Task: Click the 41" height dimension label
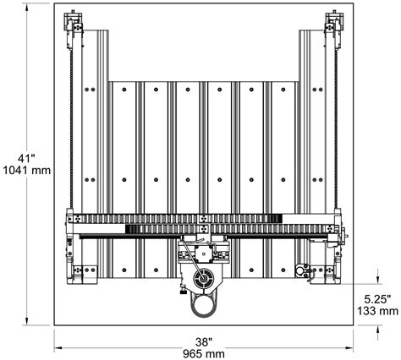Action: (26, 158)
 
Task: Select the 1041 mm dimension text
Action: (26, 170)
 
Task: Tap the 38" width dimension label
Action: (204, 342)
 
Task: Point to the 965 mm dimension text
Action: (204, 354)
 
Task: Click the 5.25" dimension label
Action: (377, 299)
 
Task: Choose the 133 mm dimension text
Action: (378, 311)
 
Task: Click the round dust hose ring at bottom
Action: (204, 306)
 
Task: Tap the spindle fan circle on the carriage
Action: (203, 278)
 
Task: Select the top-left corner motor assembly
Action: (74, 30)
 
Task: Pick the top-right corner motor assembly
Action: (334, 30)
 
